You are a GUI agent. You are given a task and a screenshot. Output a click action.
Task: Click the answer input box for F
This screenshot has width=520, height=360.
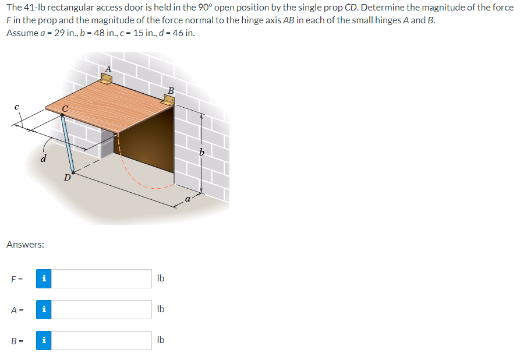[x=105, y=278]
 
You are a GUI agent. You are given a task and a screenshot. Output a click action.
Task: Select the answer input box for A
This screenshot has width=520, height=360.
[x=105, y=309]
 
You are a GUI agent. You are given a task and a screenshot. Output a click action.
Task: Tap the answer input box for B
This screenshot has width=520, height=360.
[x=105, y=340]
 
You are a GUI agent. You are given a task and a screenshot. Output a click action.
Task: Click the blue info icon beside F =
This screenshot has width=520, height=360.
[x=44, y=278]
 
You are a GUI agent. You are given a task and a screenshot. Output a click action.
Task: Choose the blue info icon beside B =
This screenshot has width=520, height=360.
[x=44, y=340]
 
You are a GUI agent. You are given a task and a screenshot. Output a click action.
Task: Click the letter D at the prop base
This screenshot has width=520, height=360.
[x=68, y=177]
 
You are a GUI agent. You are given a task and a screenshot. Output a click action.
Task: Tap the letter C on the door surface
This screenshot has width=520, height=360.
[x=66, y=109]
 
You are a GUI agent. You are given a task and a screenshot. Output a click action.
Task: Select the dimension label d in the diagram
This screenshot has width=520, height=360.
[x=44, y=158]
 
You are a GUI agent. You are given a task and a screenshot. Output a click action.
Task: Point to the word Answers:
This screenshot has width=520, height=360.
[x=25, y=245]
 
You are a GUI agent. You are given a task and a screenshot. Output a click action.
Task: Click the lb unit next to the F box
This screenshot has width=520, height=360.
[x=161, y=278]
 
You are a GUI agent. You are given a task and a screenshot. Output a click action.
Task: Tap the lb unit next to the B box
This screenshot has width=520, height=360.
[x=161, y=340]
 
